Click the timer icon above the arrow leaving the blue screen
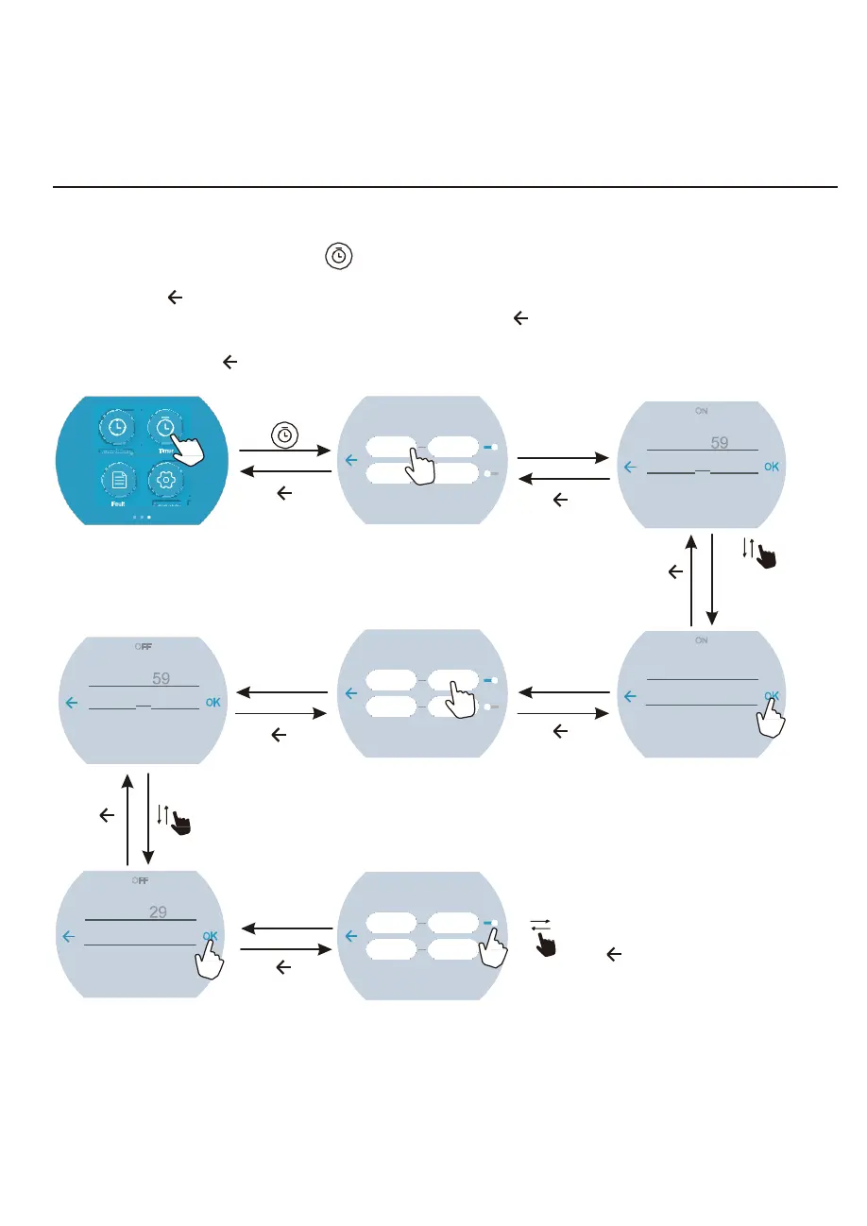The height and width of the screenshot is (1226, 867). click(x=283, y=436)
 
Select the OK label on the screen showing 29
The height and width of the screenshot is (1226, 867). click(x=211, y=936)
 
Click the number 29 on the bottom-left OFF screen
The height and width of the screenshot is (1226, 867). click(x=159, y=912)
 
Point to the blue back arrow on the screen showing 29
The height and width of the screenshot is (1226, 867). click(x=69, y=936)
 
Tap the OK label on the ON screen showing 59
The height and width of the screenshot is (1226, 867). click(x=772, y=467)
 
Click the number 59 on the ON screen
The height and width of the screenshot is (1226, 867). click(x=720, y=442)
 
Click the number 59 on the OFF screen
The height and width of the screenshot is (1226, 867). click(x=160, y=678)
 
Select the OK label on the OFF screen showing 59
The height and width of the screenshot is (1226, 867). click(x=212, y=703)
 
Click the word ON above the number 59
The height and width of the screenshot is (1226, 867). click(x=701, y=411)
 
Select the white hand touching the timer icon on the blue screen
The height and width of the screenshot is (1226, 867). click(x=188, y=444)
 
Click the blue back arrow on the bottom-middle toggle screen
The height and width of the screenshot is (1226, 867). click(x=350, y=936)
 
